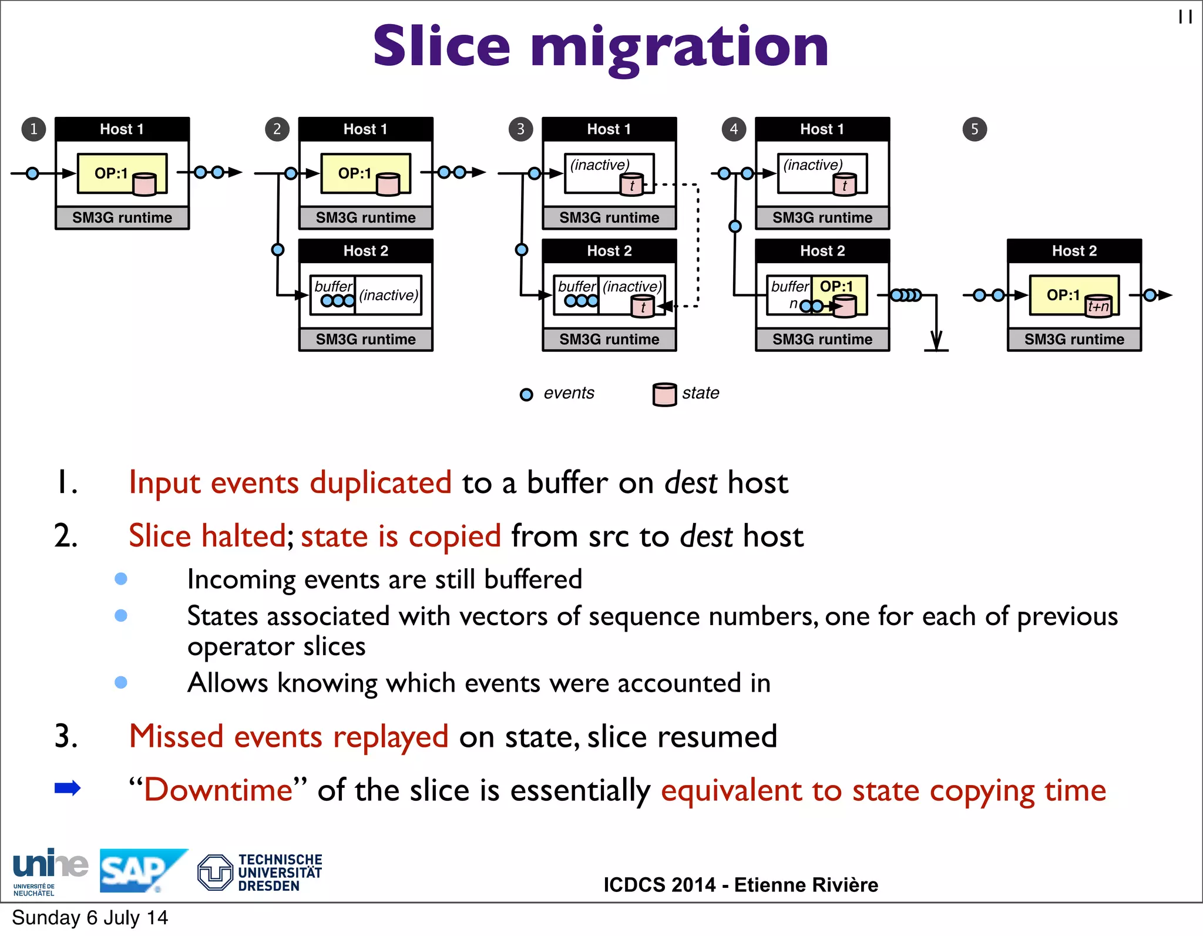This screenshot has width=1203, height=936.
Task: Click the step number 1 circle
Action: [x=33, y=129]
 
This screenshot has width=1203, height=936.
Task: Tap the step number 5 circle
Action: [x=975, y=129]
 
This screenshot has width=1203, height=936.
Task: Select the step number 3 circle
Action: [x=520, y=129]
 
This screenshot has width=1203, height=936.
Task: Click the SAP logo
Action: [x=141, y=870]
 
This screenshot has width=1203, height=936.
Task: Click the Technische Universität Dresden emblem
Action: [x=215, y=872]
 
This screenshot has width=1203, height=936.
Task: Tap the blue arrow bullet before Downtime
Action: [x=67, y=788]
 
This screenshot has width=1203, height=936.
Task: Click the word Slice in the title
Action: [x=442, y=47]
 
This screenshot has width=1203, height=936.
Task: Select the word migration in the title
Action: [x=680, y=47]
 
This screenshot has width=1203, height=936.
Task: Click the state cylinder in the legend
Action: [x=664, y=394]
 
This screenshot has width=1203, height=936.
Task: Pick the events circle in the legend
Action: [x=526, y=394]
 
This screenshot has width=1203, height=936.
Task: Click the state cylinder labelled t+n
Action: [x=1098, y=306]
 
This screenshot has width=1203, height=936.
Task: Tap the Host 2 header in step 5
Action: [x=1074, y=251]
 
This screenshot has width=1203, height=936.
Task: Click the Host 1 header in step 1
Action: [x=122, y=129]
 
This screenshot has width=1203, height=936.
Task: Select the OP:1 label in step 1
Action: [x=111, y=173]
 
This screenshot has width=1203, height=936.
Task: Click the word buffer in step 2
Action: [x=333, y=286]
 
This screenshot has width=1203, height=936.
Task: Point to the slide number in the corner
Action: [x=1185, y=17]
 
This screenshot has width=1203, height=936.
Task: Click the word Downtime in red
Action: [x=219, y=790]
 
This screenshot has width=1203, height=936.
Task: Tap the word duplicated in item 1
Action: [x=381, y=483]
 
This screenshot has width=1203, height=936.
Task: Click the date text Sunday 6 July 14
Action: [x=90, y=918]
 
